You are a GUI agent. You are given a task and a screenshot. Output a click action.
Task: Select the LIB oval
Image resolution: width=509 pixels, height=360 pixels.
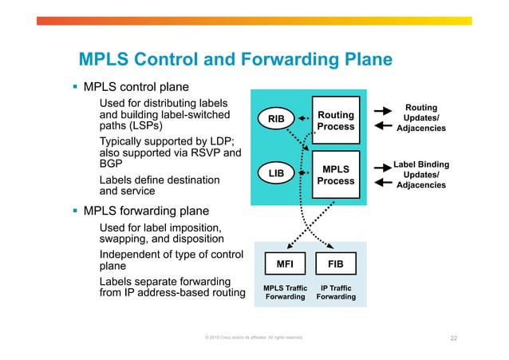click(276, 172)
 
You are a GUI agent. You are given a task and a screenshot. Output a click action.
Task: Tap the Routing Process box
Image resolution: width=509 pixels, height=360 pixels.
click(336, 121)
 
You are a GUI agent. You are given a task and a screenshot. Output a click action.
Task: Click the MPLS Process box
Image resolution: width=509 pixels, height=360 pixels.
click(336, 175)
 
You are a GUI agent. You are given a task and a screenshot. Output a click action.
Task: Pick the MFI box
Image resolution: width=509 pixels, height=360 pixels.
click(285, 263)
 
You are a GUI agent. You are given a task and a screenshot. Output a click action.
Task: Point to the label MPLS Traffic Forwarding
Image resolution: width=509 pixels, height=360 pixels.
click(285, 292)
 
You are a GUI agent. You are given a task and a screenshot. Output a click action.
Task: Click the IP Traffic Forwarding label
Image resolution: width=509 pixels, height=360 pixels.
click(336, 292)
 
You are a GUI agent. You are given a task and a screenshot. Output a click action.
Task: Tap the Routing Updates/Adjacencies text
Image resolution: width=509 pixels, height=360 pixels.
click(420, 117)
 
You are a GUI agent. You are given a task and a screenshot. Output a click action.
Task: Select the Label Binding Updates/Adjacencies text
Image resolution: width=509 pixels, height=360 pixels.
click(420, 174)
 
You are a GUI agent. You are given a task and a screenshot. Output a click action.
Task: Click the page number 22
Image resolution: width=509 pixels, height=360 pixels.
click(453, 338)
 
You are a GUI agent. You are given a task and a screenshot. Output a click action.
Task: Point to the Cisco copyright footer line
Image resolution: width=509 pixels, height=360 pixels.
click(254, 338)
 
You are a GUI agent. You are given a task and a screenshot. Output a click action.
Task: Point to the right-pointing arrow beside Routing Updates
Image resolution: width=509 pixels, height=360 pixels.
click(384, 111)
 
